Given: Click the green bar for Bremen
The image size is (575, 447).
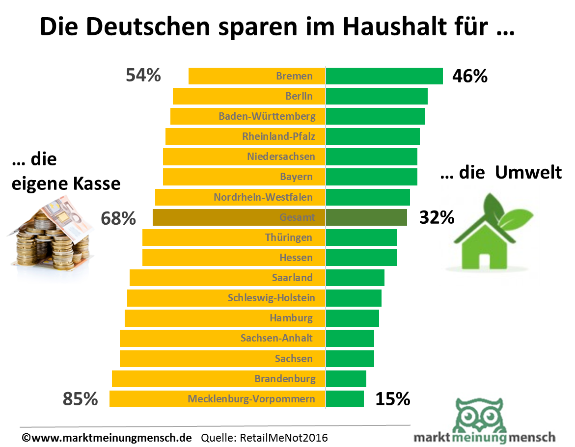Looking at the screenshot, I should click(x=384, y=76).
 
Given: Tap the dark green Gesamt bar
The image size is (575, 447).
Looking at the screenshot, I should click(x=366, y=217).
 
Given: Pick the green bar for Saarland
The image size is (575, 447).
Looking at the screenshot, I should click(x=355, y=278).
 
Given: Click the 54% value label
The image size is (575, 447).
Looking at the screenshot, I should click(x=143, y=76).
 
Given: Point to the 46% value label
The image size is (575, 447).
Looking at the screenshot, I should click(x=470, y=77).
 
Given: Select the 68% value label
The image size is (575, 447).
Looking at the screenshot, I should click(x=118, y=218).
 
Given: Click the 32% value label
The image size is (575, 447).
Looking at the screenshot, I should click(x=437, y=217).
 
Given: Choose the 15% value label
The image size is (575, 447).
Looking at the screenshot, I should click(x=393, y=399).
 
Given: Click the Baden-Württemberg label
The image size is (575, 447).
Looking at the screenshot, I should click(x=267, y=116).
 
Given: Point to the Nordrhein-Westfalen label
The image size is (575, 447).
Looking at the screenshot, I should click(x=270, y=197).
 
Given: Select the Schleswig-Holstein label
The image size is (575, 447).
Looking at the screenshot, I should click(x=272, y=298).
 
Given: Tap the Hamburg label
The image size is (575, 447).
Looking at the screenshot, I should click(x=291, y=318).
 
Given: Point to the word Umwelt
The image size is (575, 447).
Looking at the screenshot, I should click(x=528, y=173).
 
